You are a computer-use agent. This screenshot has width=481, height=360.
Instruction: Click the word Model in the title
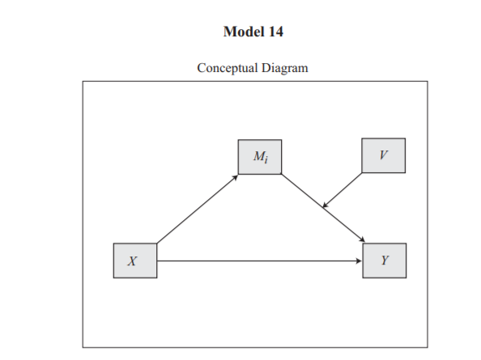pyautogui.click(x=244, y=32)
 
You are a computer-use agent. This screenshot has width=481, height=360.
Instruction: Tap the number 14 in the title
pyautogui.click(x=276, y=32)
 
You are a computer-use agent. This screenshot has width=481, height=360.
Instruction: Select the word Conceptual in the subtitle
pyautogui.click(x=228, y=68)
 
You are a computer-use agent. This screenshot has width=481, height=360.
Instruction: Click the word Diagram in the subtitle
pyautogui.click(x=285, y=68)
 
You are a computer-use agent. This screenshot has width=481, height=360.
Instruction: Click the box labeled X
pyautogui.click(x=135, y=260)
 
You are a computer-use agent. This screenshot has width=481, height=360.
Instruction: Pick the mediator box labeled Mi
pyautogui.click(x=260, y=157)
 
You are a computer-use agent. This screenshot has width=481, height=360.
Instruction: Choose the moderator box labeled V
pyautogui.click(x=384, y=155)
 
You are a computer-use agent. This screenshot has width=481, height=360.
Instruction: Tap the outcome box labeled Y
pyautogui.click(x=385, y=260)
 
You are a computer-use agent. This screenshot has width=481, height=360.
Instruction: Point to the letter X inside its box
pyautogui.click(x=132, y=261)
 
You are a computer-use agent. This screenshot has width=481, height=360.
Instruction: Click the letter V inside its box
pyautogui.click(x=384, y=155)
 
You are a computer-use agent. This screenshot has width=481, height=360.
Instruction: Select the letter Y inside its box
pyautogui.click(x=385, y=260)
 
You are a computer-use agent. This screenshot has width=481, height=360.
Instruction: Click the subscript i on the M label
pyautogui.click(x=266, y=159)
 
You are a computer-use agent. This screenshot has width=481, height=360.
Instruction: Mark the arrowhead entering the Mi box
pyautogui.click(x=236, y=177)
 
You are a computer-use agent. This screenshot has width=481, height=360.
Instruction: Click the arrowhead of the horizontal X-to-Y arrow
pyautogui.click(x=360, y=260)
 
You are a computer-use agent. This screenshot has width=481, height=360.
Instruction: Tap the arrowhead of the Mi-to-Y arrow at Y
pyautogui.click(x=362, y=239)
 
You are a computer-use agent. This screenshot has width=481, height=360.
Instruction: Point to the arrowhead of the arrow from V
pyautogui.click(x=326, y=205)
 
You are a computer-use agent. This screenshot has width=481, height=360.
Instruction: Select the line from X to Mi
pyautogui.click(x=198, y=209)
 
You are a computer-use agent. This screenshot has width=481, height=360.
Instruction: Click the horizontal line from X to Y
pyautogui.click(x=259, y=260)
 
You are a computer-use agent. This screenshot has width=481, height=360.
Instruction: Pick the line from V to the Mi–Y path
pyautogui.click(x=342, y=190)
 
